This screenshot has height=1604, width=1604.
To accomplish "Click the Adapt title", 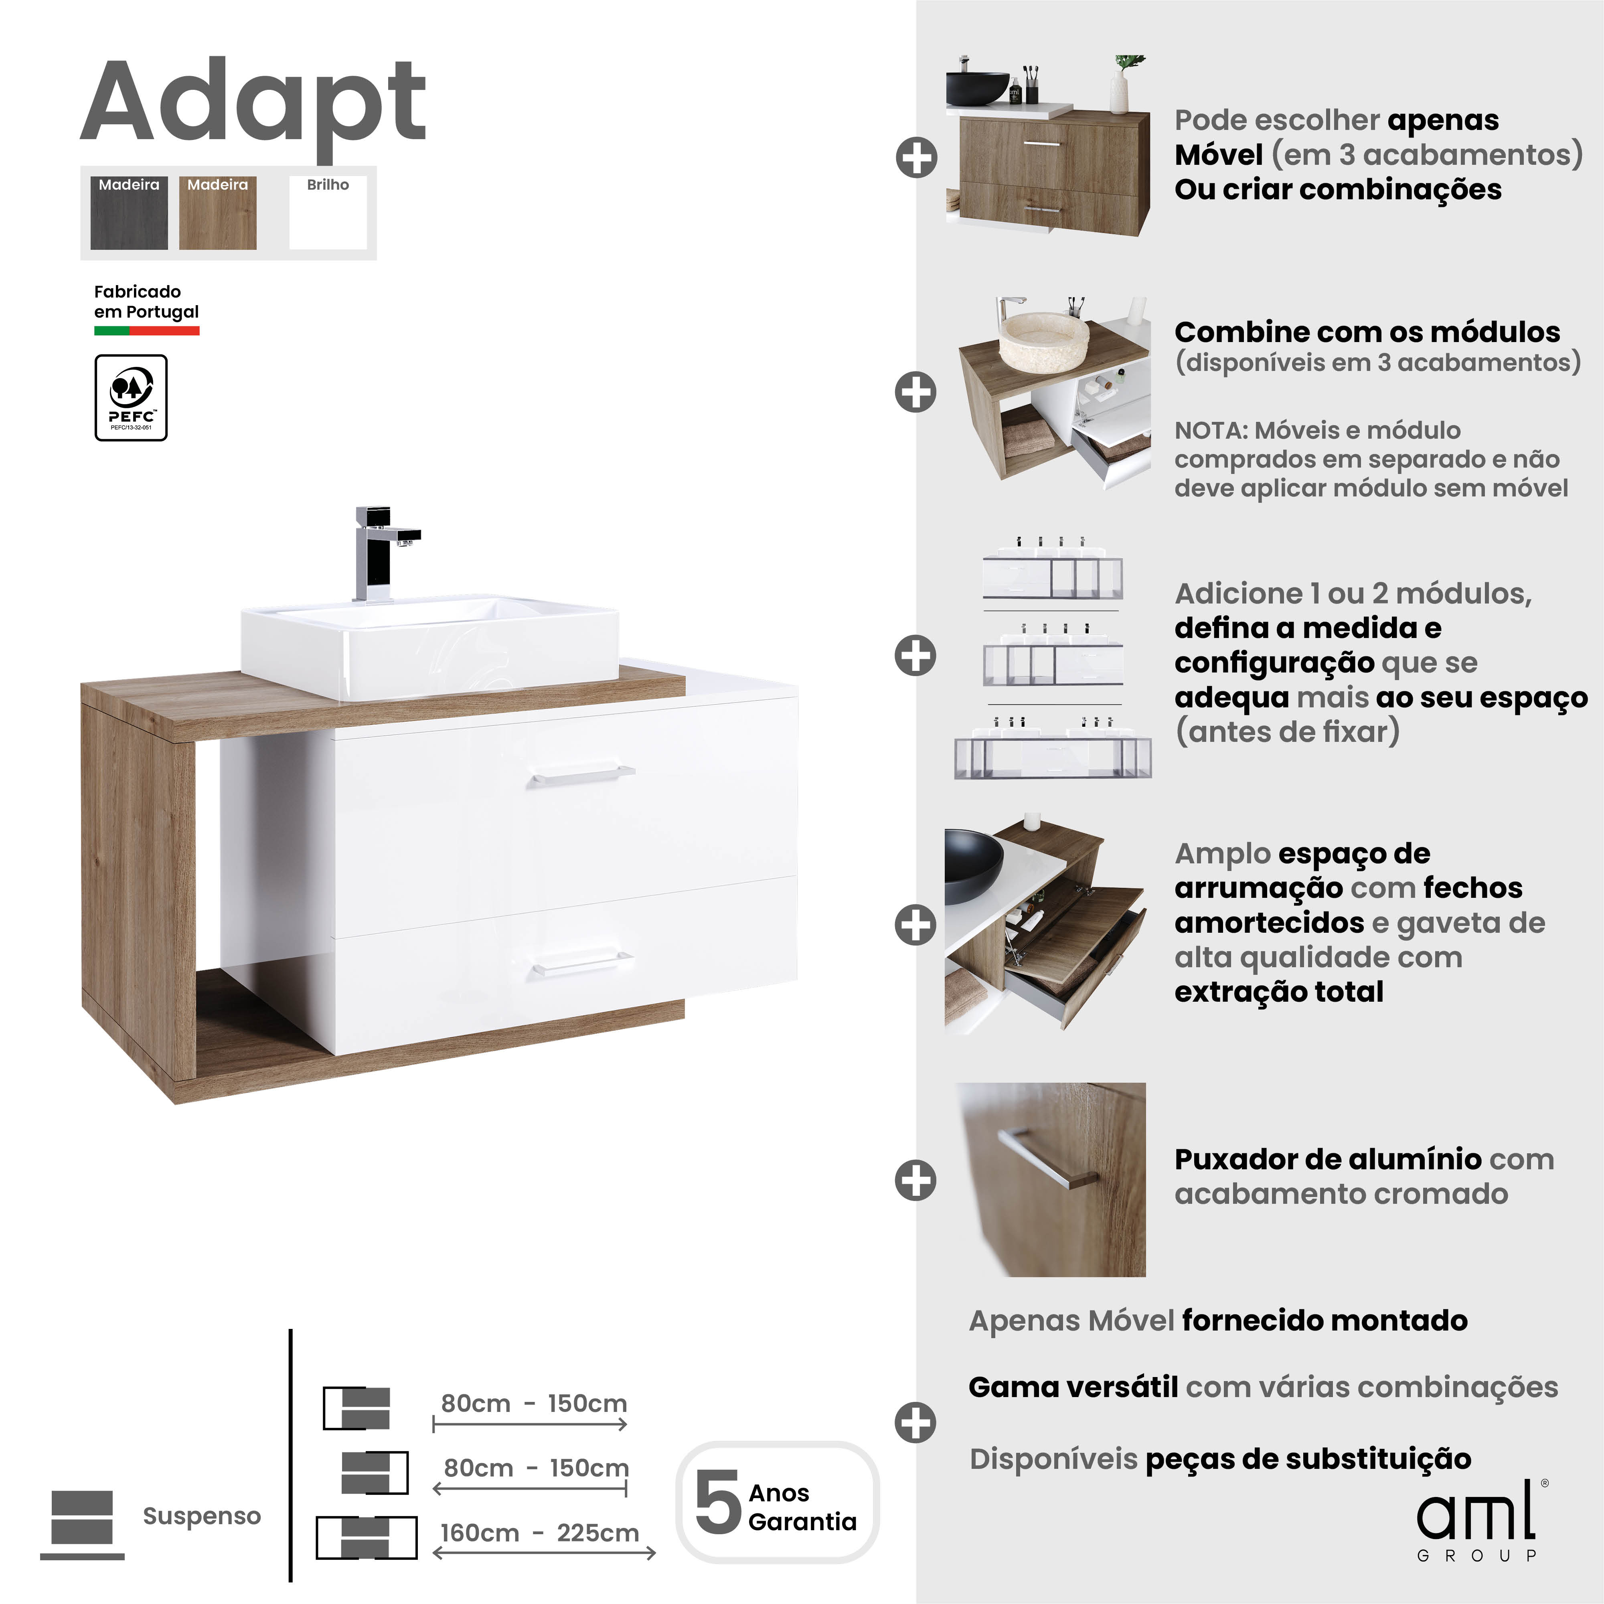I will click(x=253, y=104).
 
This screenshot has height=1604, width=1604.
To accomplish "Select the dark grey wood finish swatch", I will click(x=129, y=213).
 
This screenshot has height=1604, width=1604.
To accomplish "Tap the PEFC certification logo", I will click(x=131, y=398).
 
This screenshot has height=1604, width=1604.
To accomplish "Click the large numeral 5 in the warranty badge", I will click(x=717, y=1503).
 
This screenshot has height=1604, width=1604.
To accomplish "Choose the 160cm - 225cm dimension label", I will click(x=540, y=1533).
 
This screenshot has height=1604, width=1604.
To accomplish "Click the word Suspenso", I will click(x=202, y=1516).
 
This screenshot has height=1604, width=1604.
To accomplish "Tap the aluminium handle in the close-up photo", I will click(x=1048, y=1156).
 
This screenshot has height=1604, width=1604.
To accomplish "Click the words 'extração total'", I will click(x=1278, y=991).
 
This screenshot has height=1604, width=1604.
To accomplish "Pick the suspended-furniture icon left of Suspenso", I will click(x=81, y=1523).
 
